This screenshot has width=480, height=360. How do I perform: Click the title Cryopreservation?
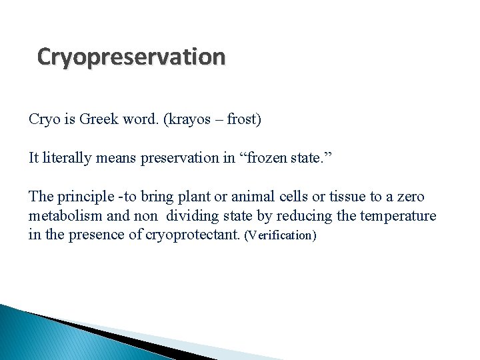pyautogui.click(x=131, y=57)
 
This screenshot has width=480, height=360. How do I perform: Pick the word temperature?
pyautogui.click(x=398, y=216)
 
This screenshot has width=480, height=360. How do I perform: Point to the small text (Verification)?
pyautogui.click(x=280, y=236)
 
